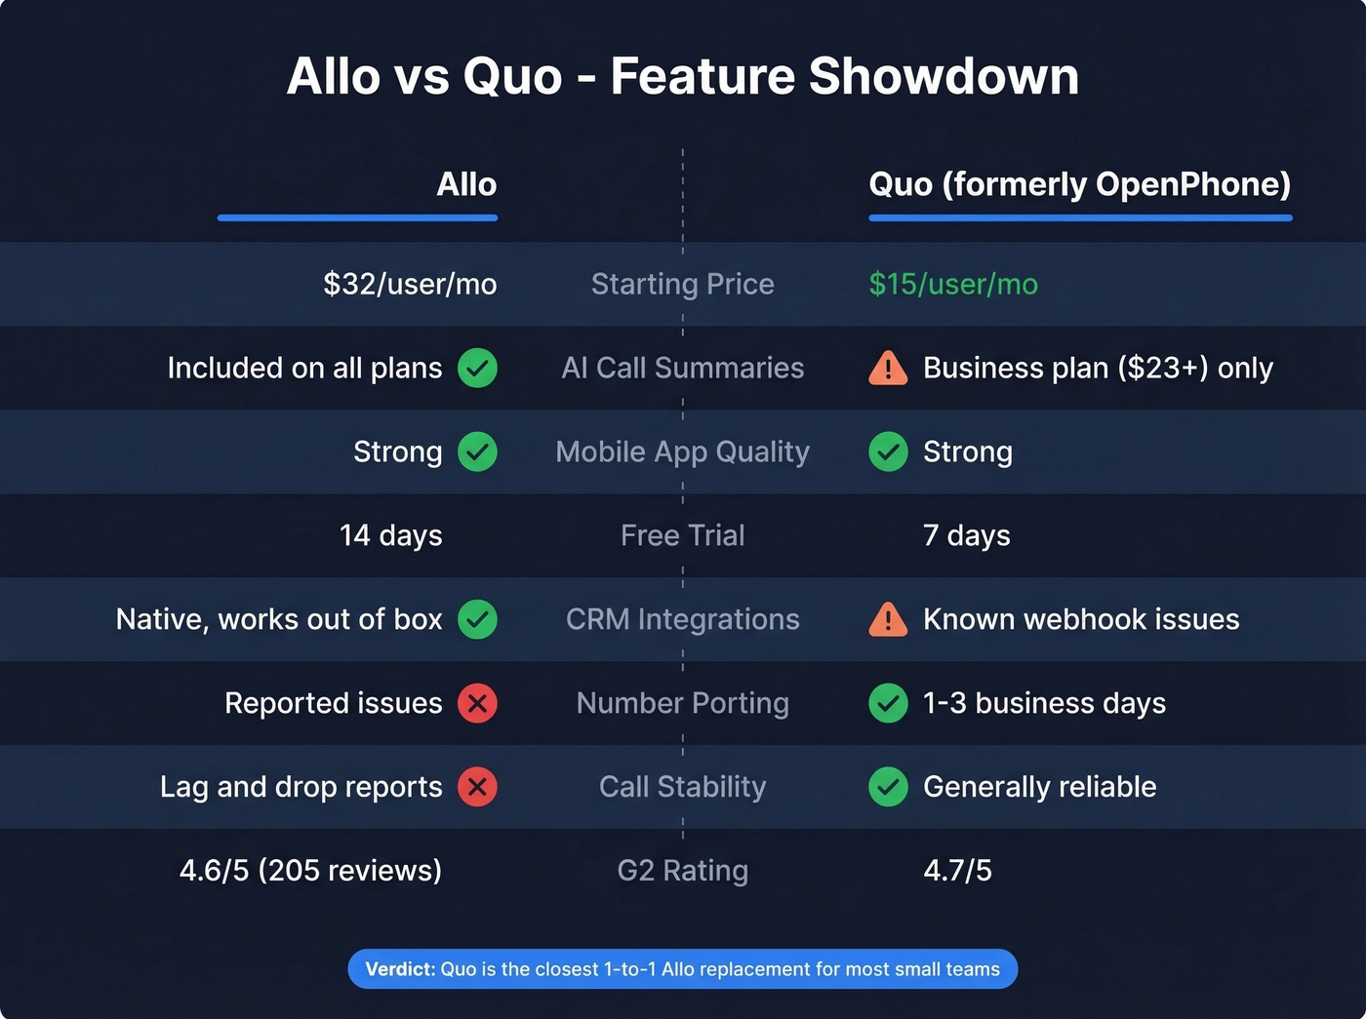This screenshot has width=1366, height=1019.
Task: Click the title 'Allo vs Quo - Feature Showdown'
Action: [x=683, y=76]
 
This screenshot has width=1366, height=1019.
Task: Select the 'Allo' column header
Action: [x=466, y=184]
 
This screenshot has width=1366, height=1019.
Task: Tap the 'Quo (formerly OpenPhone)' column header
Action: [x=1079, y=184]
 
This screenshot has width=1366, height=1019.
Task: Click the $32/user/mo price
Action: [x=410, y=284]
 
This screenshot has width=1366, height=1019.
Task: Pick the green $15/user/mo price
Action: [x=953, y=284]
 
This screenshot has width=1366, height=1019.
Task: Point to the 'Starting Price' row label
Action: [x=683, y=284]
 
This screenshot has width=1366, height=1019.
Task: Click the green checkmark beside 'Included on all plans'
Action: [x=478, y=368]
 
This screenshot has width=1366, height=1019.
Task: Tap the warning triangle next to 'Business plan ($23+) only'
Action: [x=888, y=369]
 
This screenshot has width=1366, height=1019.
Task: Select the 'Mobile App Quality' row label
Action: [x=683, y=451]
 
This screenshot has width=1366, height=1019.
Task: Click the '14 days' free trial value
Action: [x=390, y=535]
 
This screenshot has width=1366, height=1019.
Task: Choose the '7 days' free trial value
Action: [x=966, y=535]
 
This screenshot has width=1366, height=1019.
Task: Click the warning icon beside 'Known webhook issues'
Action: [x=888, y=620]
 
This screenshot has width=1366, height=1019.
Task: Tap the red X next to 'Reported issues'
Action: [x=478, y=703]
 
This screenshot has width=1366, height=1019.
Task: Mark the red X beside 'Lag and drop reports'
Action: [x=478, y=787]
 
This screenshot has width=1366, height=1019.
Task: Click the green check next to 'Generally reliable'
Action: [x=888, y=787]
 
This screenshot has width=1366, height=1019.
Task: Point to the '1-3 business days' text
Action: [x=1044, y=703]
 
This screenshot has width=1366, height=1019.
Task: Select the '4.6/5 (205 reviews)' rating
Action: [x=310, y=870]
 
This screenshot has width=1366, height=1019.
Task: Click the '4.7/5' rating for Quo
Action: [x=957, y=870]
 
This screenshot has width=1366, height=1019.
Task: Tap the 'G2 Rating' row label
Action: [x=683, y=870]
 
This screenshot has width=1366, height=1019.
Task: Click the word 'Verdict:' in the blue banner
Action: [x=400, y=969]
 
